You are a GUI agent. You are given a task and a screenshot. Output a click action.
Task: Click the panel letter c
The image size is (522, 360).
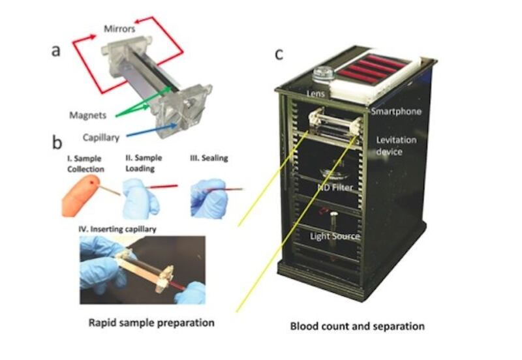[x=279, y=53]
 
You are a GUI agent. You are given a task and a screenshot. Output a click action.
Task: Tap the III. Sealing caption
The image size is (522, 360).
[x=204, y=159]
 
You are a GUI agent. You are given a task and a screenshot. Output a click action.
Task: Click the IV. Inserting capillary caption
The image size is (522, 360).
[x=118, y=226]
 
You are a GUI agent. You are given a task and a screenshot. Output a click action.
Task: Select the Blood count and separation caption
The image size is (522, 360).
[x=358, y=325]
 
